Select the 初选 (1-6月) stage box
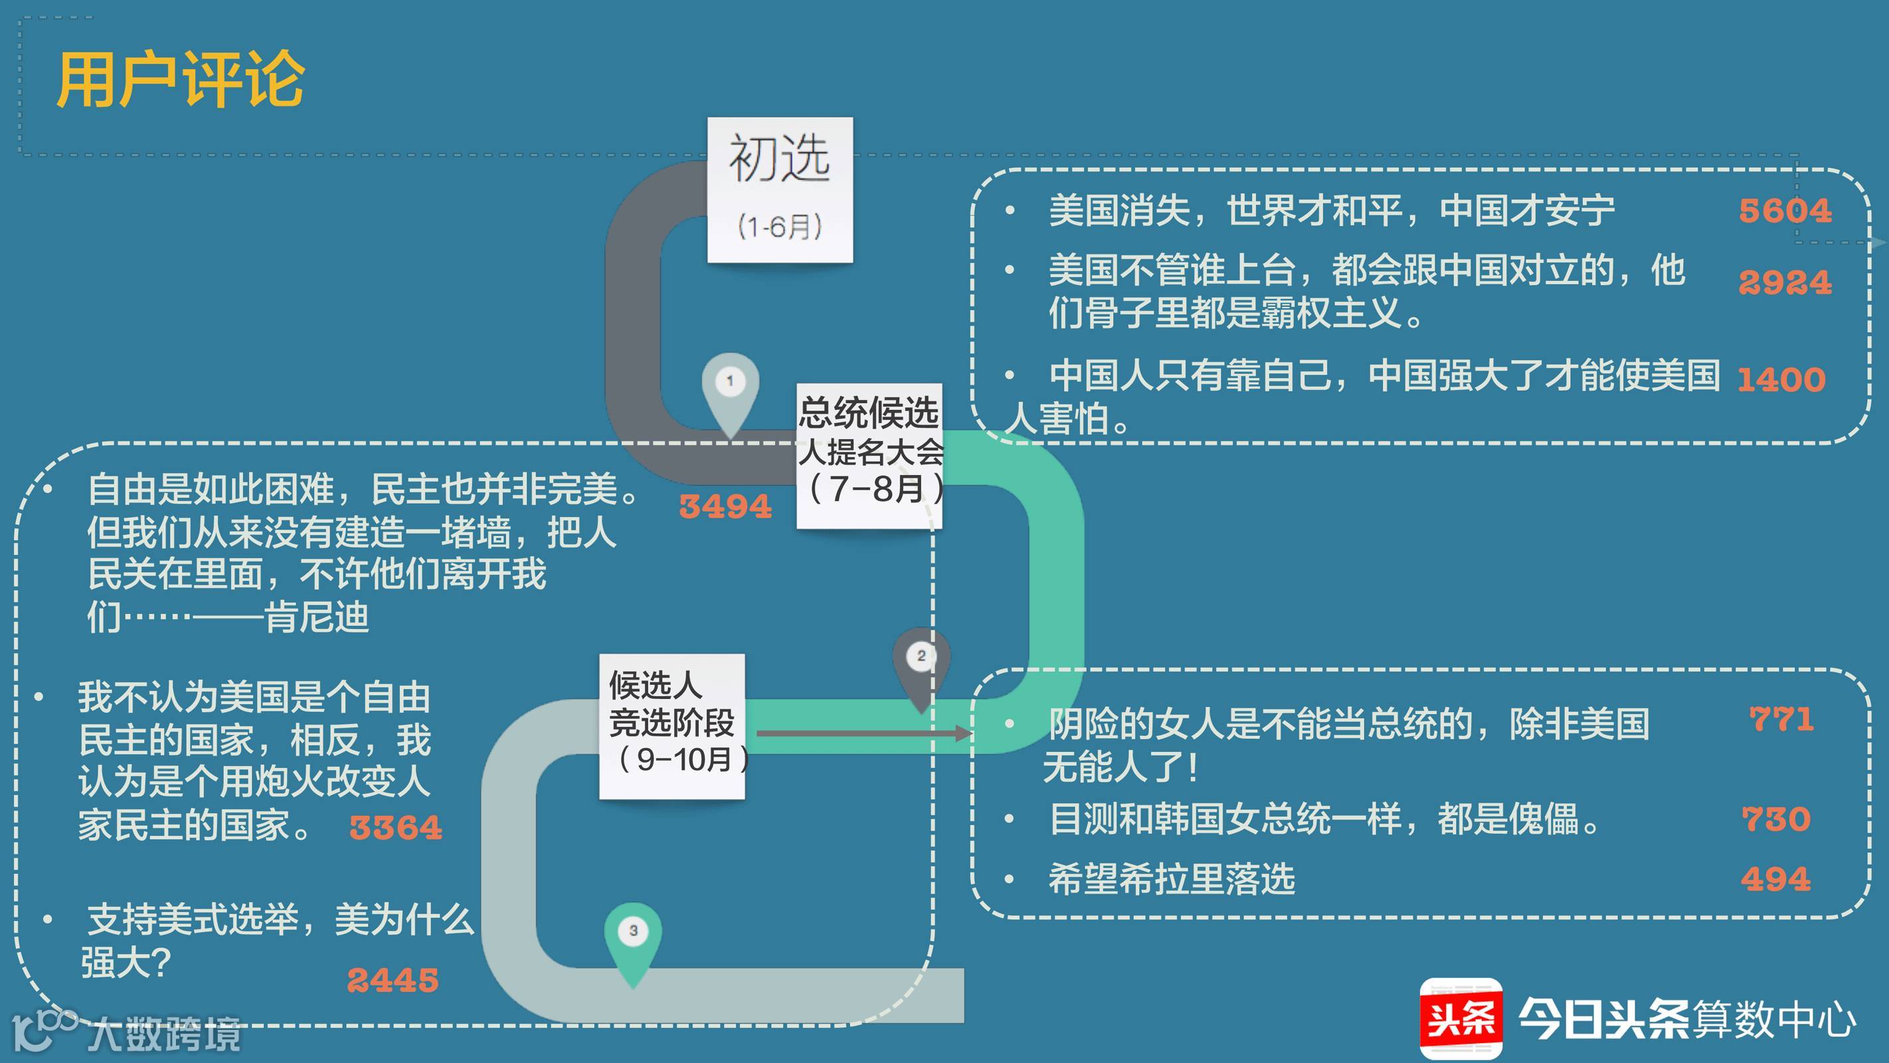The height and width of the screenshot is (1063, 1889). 780,189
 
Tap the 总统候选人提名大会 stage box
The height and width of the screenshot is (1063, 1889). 869,455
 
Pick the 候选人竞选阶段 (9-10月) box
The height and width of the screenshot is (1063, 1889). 672,725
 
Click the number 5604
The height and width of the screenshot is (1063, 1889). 1785,211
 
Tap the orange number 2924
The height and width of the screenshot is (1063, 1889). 1785,282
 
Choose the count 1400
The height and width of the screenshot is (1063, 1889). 1781,380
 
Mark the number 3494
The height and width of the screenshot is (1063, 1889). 725,506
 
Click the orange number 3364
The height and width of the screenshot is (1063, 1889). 396,828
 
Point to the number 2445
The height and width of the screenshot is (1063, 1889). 393,980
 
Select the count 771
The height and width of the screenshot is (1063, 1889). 1781,719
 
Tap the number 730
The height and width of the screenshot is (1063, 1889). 1776,819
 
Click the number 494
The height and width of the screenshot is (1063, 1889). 1775,879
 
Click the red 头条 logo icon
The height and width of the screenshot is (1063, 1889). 1461,1019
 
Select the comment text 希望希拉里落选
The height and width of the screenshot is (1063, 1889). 1171,879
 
